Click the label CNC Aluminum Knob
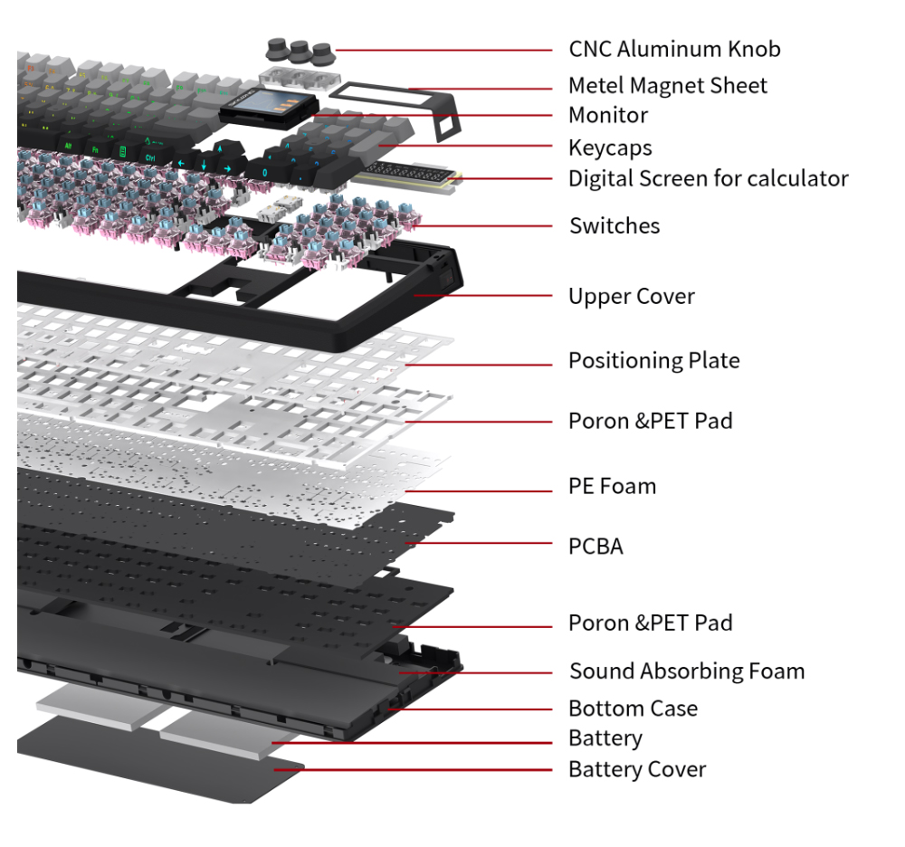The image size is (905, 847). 673,49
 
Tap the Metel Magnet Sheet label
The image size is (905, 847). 667,86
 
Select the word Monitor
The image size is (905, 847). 607,116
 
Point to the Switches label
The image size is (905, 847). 614,225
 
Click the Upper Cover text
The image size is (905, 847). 631,297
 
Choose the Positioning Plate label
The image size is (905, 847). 653,361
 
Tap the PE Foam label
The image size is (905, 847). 612,487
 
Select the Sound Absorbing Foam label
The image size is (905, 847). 686,671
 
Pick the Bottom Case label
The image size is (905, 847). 633,709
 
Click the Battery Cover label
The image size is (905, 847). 636,770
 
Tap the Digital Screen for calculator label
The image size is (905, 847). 708,179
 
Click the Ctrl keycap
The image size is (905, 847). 152,156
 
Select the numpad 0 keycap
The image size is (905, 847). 264,171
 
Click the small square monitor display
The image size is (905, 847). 268,108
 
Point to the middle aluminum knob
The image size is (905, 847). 298,48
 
